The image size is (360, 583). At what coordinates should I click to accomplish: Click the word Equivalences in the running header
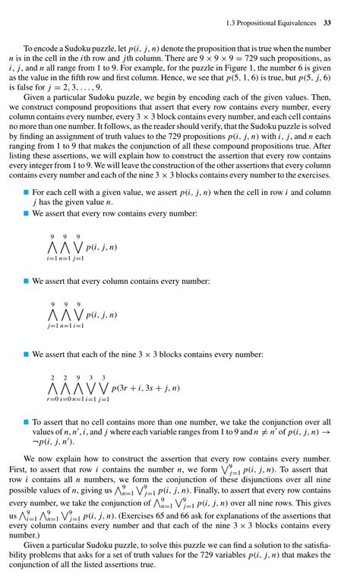point(293,24)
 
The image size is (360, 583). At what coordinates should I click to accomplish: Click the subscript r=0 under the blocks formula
point(52,399)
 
